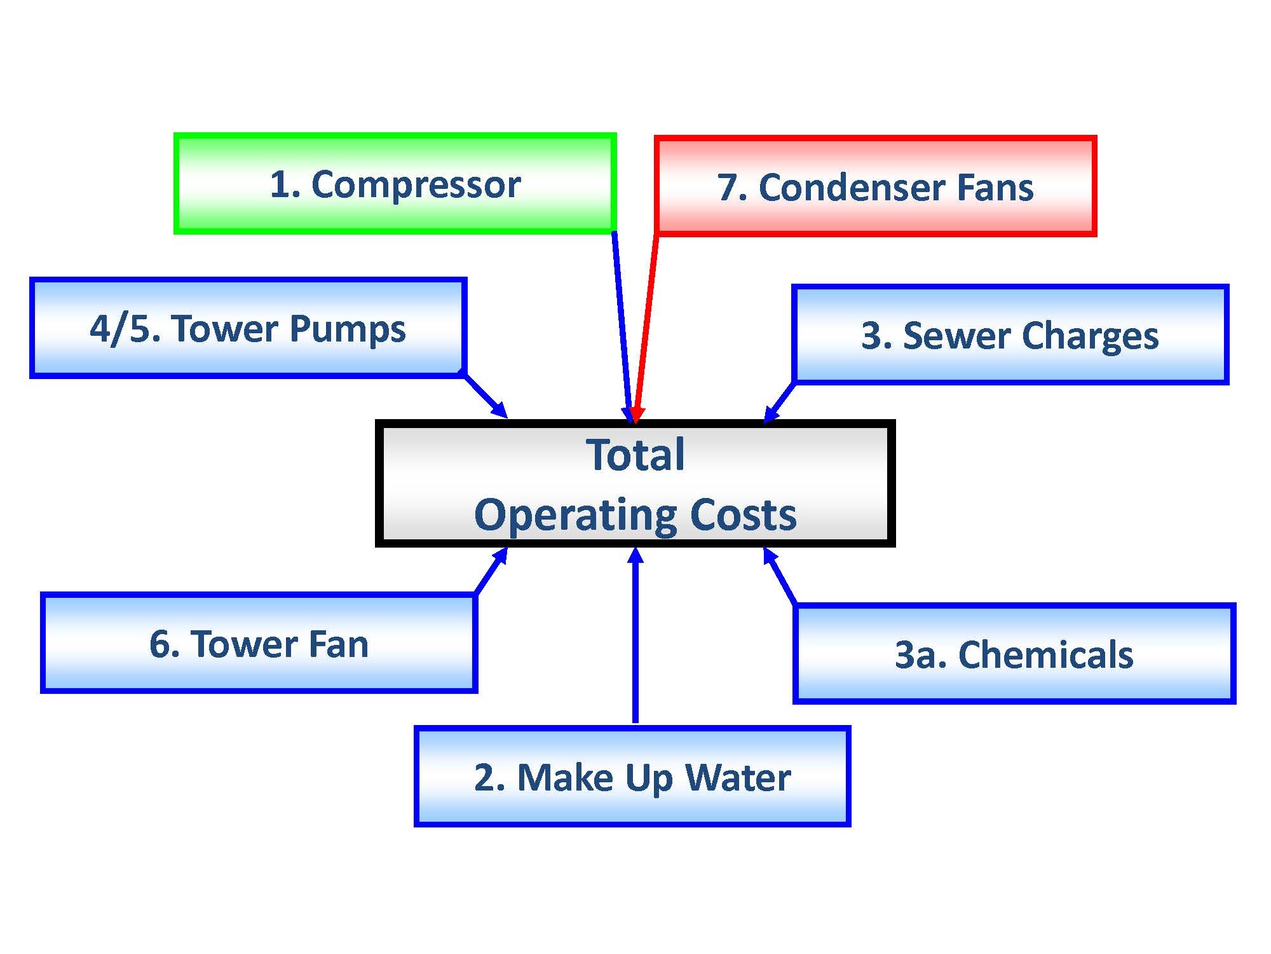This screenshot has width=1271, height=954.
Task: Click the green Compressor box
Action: tap(395, 184)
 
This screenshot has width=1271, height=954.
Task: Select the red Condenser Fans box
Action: tap(876, 186)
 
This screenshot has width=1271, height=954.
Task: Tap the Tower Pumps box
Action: tap(248, 328)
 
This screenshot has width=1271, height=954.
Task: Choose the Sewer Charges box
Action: tap(1010, 335)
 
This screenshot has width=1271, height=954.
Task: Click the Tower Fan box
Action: tap(259, 643)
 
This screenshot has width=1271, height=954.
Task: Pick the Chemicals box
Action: tap(1014, 653)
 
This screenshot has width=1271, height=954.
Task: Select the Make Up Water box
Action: tap(632, 776)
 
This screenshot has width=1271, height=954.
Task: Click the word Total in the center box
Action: tap(635, 455)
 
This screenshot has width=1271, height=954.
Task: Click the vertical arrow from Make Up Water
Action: tap(635, 635)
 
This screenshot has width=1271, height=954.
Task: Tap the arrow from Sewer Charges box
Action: tap(779, 402)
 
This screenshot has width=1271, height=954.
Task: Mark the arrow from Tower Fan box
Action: tap(491, 570)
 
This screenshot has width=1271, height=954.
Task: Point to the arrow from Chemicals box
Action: tap(780, 576)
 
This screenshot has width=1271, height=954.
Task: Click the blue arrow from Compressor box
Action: tap(623, 328)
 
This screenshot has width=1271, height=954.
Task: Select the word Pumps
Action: tap(348, 330)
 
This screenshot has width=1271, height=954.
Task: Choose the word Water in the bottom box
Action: tap(738, 777)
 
